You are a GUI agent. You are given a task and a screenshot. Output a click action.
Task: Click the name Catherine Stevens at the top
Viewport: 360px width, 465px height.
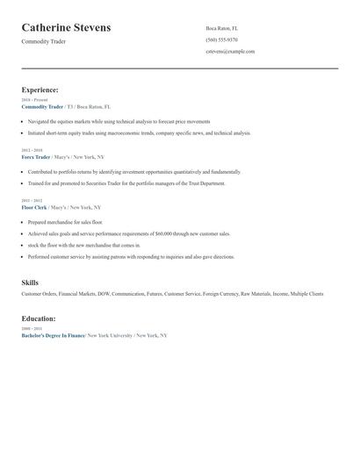[66, 28]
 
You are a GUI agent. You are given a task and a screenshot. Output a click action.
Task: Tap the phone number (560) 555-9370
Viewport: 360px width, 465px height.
[221, 39]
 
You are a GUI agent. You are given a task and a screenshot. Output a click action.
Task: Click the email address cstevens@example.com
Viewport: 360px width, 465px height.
[230, 51]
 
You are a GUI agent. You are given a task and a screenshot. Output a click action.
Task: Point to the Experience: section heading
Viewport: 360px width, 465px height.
[40, 89]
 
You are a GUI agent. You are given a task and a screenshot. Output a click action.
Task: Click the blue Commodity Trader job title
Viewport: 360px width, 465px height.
[42, 106]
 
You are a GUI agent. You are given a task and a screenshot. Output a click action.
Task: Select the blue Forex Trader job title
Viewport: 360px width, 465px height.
[36, 156]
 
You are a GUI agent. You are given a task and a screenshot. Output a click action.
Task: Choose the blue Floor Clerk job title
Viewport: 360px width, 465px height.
[34, 207]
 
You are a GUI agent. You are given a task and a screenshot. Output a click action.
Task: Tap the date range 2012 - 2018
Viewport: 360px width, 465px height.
[31, 150]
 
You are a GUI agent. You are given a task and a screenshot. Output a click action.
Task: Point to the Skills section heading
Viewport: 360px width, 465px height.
[30, 283]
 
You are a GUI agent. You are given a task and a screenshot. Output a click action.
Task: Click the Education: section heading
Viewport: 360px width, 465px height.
[39, 318]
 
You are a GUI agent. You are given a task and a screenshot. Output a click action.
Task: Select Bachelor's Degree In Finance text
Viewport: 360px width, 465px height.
[53, 335]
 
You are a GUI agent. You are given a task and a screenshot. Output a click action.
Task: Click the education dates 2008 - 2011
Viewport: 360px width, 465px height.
[31, 329]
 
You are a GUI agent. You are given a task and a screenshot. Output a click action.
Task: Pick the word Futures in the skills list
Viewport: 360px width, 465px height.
[155, 294]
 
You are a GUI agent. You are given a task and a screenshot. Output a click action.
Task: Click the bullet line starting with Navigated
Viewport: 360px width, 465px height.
[119, 121]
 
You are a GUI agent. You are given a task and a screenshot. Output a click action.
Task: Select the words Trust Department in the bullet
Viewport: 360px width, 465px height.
[204, 183]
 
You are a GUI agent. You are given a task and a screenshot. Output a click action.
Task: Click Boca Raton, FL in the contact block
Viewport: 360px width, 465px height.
[221, 28]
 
